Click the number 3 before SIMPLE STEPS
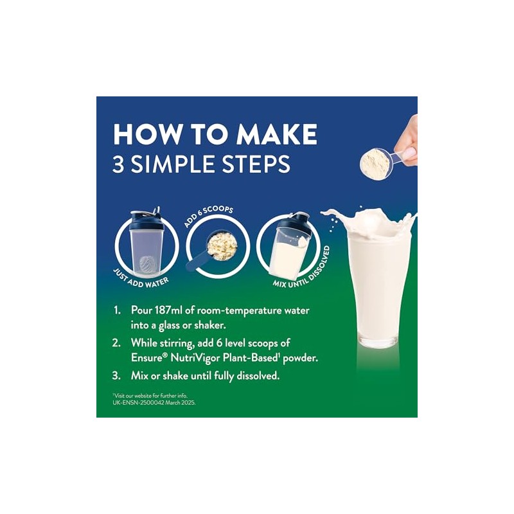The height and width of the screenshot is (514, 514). [118, 164]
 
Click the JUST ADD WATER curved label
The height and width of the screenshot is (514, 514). [140, 279]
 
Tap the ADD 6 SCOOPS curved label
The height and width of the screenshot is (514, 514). [208, 216]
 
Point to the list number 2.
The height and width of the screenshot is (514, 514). [117, 343]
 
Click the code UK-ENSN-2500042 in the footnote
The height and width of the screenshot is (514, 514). [138, 403]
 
